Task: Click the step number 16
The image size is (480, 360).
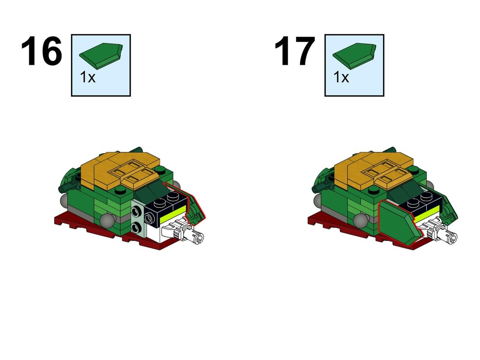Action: pos(42,51)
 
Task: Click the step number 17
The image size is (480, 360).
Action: pos(295,51)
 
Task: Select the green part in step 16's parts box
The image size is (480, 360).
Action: pos(101,56)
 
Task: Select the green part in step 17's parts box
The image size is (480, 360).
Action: pos(355,56)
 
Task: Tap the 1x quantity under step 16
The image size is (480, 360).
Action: pos(87,77)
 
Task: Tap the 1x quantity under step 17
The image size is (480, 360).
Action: pos(341,77)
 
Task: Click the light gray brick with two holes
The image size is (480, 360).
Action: pos(138,218)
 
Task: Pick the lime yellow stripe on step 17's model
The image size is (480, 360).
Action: pos(427,214)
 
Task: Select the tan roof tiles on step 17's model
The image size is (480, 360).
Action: pos(373,168)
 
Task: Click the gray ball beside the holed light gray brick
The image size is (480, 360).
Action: pos(108,220)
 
